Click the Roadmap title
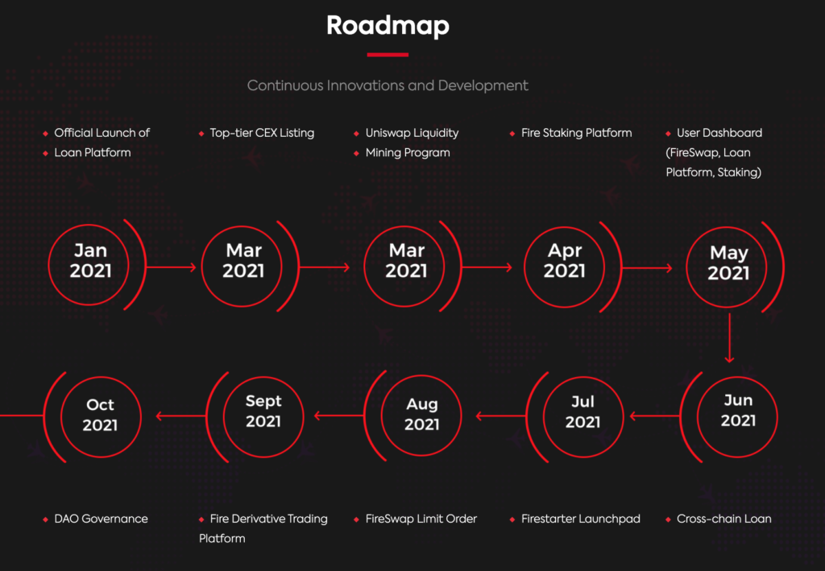pos(388,25)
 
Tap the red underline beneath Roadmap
pos(388,54)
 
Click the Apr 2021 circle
pos(564,227)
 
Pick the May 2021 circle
pos(727,227)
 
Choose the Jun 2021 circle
pos(737,377)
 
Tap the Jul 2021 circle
pos(583,377)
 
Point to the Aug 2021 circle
pos(421,376)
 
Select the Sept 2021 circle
pos(263,377)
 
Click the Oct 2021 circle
pos(101,377)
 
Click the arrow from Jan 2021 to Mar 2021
pos(171,267)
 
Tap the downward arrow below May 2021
pos(729,338)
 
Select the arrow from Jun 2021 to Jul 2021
pos(656,416)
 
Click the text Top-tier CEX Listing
pos(262,133)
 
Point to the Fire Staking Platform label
pos(576,133)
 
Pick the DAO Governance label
pos(101,519)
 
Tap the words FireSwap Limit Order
pos(421,519)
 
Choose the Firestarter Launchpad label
pos(580,519)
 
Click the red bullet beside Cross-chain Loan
pos(668,519)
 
